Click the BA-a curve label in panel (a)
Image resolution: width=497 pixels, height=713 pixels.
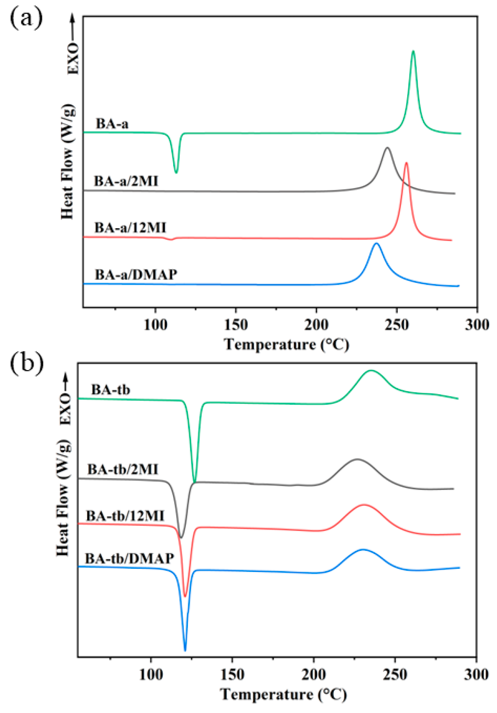point(112,124)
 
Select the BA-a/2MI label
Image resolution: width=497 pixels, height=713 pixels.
point(126,181)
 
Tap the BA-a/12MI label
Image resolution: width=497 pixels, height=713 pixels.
point(130,228)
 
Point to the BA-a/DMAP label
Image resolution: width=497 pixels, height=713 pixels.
point(136,274)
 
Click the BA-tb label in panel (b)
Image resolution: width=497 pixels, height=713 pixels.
point(110,390)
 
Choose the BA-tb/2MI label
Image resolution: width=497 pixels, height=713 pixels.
point(123,469)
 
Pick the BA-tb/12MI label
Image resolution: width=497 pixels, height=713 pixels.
point(125,516)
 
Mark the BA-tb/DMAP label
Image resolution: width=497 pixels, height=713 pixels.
point(129,558)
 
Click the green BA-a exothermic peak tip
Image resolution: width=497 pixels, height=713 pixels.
point(413,51)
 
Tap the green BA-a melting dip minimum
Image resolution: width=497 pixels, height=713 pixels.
point(176,172)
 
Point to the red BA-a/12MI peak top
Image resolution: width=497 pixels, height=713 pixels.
point(406,163)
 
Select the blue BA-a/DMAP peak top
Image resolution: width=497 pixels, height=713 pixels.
point(377,243)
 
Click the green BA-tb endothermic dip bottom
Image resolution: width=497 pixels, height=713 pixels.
point(194,482)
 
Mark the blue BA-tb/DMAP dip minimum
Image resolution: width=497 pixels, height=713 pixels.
point(185,650)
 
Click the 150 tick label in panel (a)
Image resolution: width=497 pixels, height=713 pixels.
point(236,325)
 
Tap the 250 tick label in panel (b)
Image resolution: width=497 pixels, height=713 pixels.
point(395,675)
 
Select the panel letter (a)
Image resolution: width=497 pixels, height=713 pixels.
point(26,18)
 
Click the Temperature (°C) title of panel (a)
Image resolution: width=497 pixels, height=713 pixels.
point(286,344)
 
